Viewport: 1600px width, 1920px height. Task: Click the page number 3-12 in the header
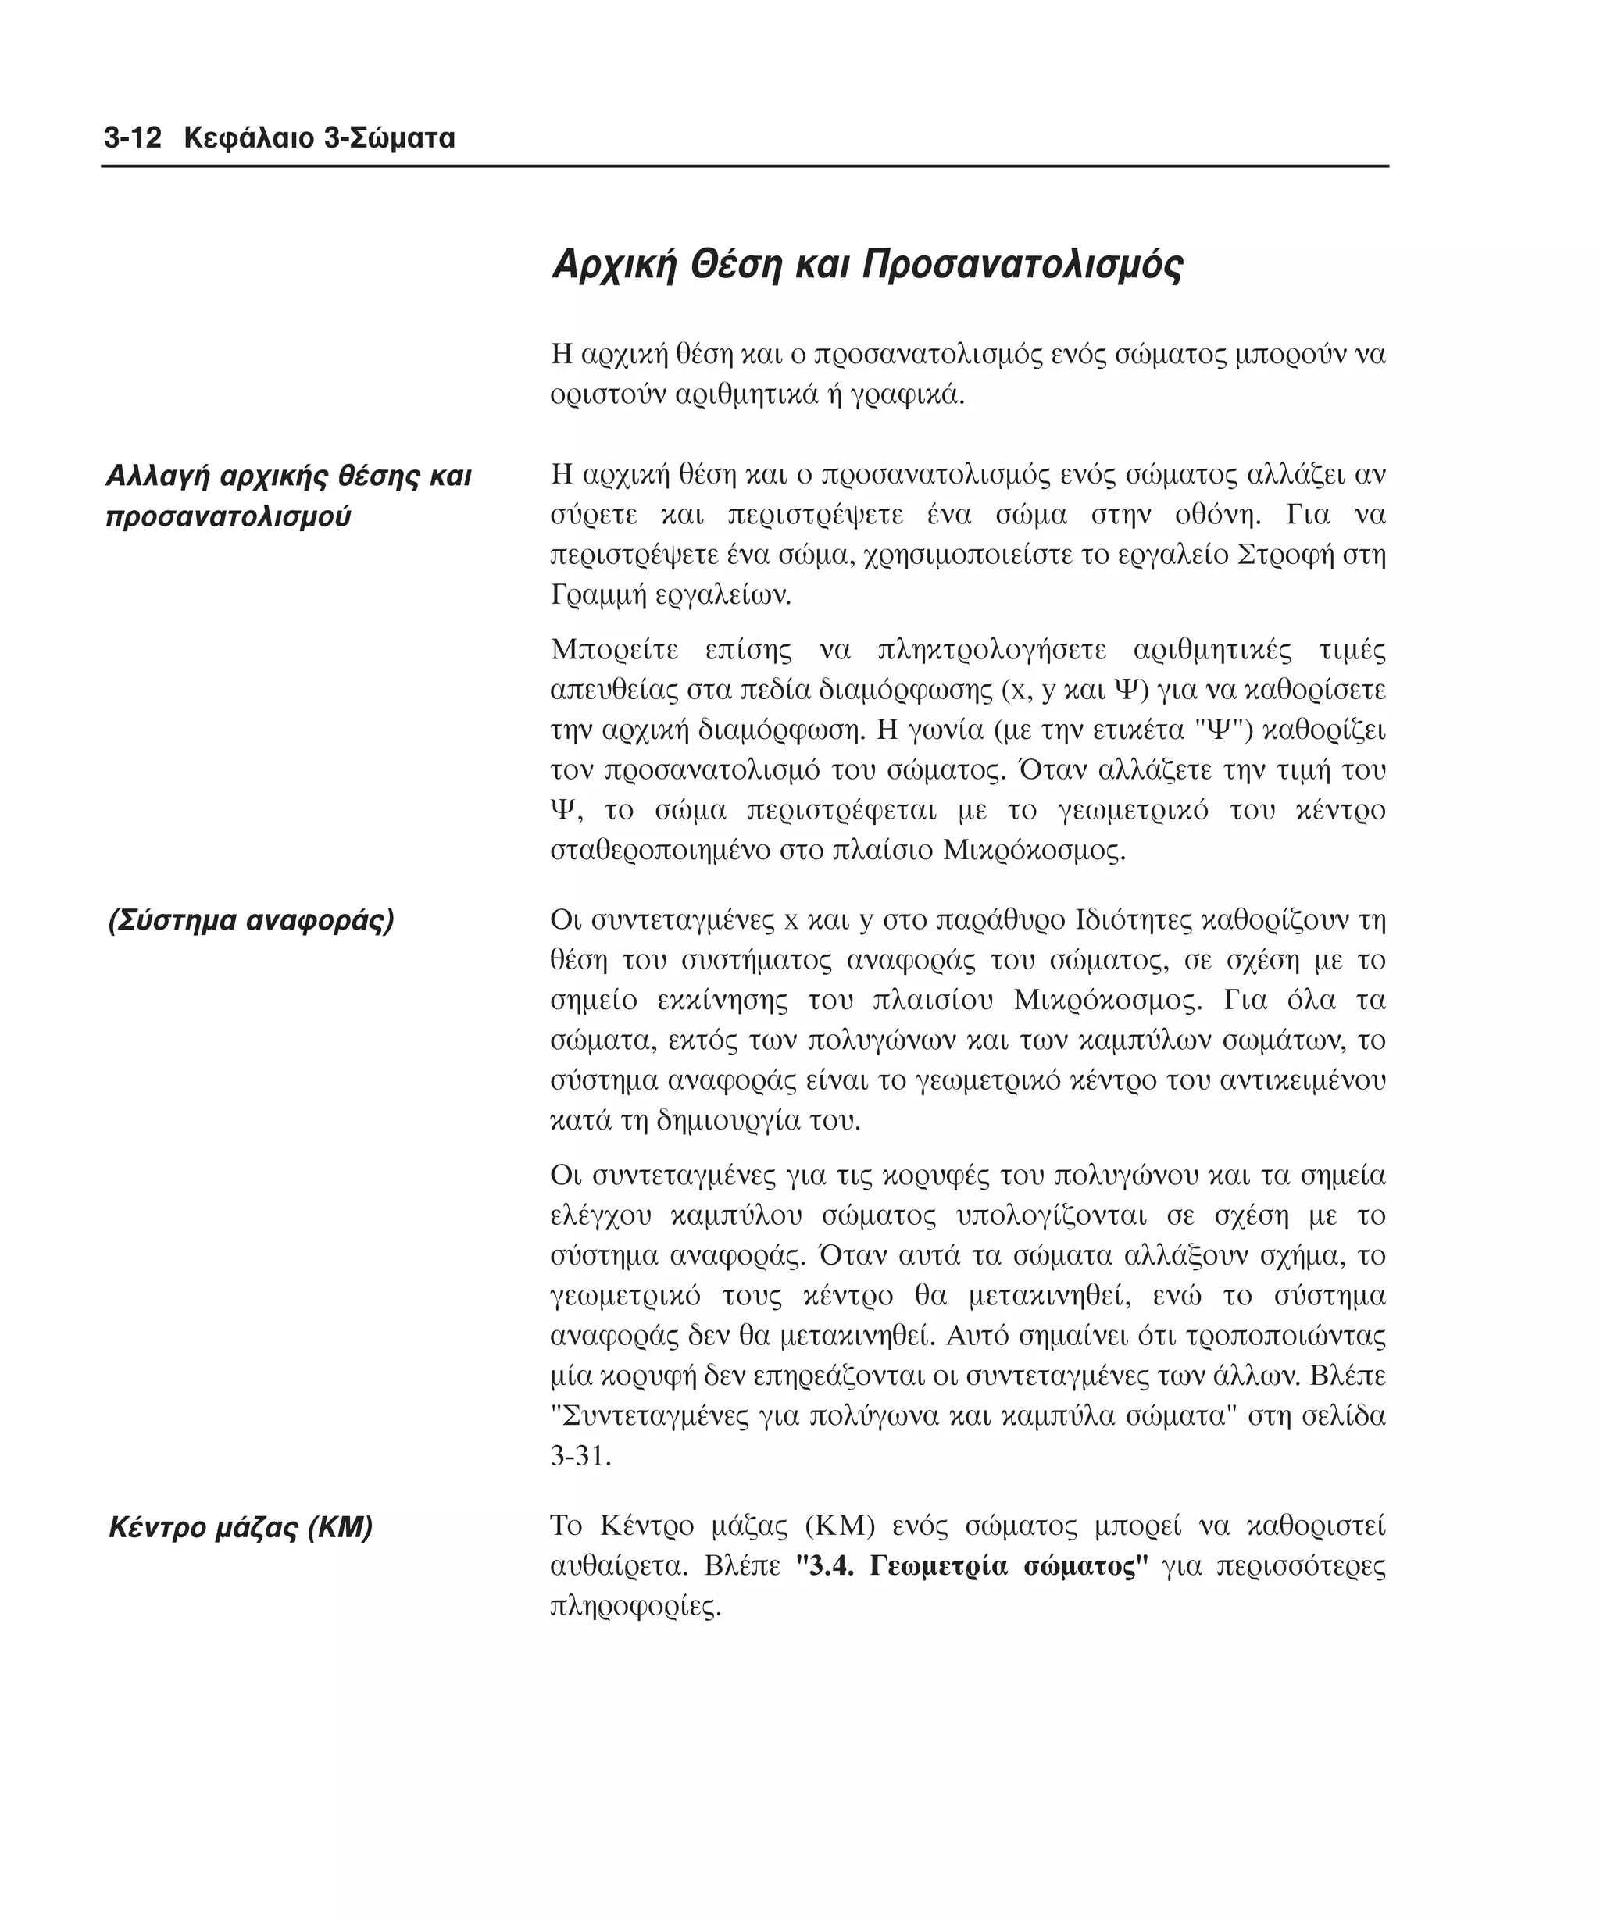pyautogui.click(x=132, y=138)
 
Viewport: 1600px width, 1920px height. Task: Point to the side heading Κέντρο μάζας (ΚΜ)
pyautogui.click(x=241, y=1527)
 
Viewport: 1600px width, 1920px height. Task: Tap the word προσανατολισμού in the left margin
pyautogui.click(x=229, y=516)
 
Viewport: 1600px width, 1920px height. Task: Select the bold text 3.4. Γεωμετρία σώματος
pyautogui.click(x=972, y=1566)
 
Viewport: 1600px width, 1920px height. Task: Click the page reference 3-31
pyautogui.click(x=580, y=1455)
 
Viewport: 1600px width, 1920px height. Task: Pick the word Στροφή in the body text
pyautogui.click(x=1277, y=555)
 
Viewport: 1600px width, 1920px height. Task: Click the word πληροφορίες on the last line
pyautogui.click(x=635, y=1607)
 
